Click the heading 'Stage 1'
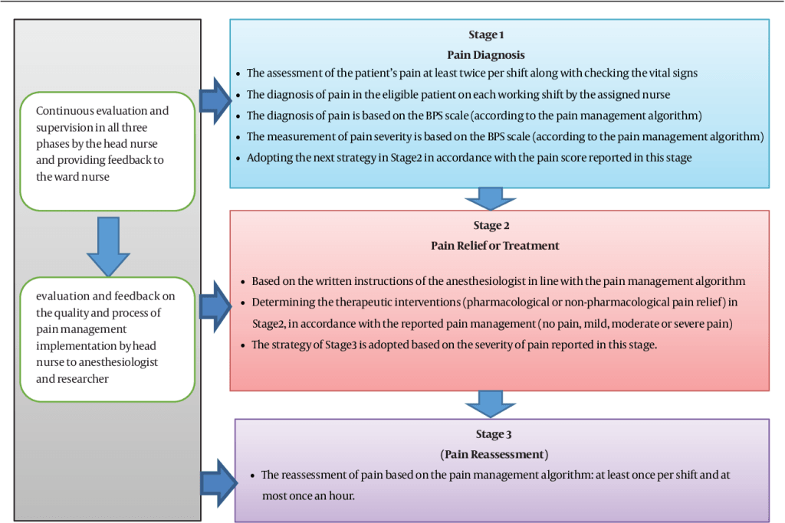click(487, 35)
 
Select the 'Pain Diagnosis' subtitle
click(487, 54)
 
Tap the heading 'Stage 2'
click(492, 226)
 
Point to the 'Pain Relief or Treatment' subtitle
click(492, 246)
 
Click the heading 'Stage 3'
click(492, 435)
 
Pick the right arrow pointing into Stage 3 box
click(215, 482)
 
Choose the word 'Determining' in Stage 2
click(281, 302)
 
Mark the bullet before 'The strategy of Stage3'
click(244, 345)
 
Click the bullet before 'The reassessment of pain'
click(253, 476)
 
